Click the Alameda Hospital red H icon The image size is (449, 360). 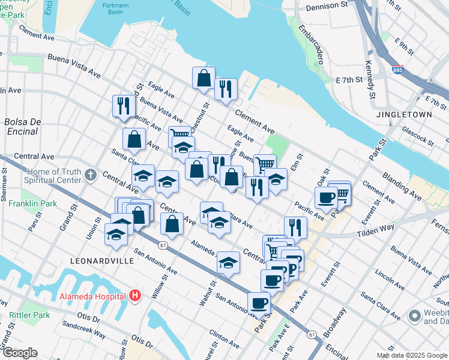click(x=135, y=296)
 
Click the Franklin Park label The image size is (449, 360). click(x=33, y=203)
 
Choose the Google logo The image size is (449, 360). click(x=19, y=353)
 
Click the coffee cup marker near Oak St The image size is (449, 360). click(x=326, y=196)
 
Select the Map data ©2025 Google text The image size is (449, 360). click(x=412, y=355)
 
